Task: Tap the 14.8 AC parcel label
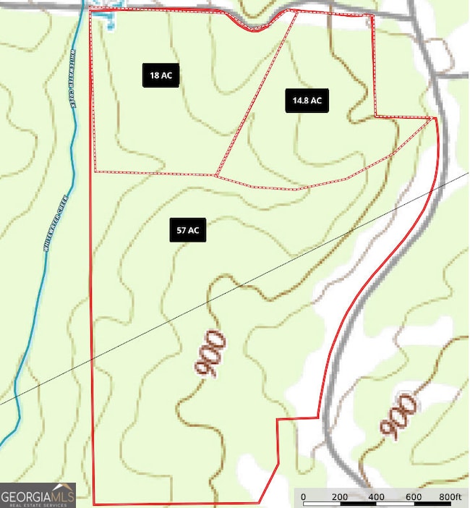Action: [x=307, y=101]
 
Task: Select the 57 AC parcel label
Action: [x=187, y=230]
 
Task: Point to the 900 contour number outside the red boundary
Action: [x=398, y=416]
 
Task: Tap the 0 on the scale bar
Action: [x=303, y=497]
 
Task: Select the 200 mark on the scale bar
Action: [x=340, y=497]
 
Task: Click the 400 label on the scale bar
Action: [x=376, y=497]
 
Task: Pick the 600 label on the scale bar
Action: [x=413, y=497]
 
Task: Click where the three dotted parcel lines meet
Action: [x=217, y=175]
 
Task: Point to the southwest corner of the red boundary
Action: [x=94, y=504]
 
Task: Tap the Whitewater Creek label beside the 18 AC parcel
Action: [x=72, y=77]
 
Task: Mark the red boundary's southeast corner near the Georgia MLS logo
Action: [x=260, y=502]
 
